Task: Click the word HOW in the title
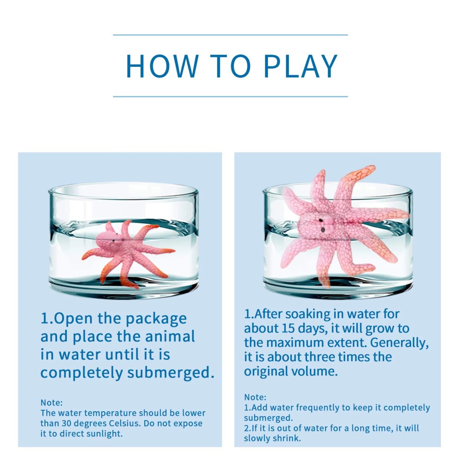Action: (162, 66)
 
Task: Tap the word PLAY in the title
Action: (301, 66)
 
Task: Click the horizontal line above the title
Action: (230, 35)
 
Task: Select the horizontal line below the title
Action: (230, 97)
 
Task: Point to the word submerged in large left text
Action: (169, 373)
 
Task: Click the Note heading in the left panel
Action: (52, 402)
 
